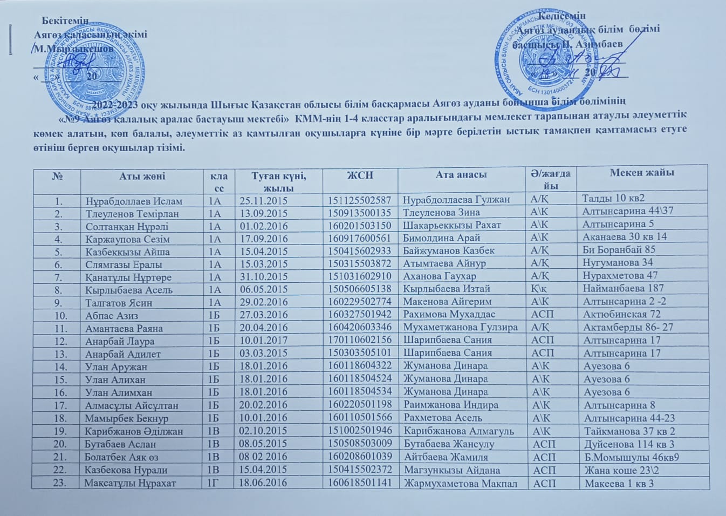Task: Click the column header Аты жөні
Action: pos(142,176)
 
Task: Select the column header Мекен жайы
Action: pos(642,173)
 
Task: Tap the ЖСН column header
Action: pos(360,175)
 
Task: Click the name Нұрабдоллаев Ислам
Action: pos(134,201)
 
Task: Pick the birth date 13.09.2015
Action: pos(264,213)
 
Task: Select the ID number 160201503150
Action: pos(359,226)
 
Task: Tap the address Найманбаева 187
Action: pos(623,288)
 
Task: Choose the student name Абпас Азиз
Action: pos(112,315)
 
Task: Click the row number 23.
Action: pos(59,483)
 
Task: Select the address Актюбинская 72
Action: pos(621,314)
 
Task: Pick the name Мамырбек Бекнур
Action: pos(127,418)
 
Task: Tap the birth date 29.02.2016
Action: pos(264,302)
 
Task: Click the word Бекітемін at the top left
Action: pos(65,21)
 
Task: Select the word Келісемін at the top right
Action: pos(562,16)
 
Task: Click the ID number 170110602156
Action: pos(360,340)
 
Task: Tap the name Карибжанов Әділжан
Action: pos(134,431)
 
